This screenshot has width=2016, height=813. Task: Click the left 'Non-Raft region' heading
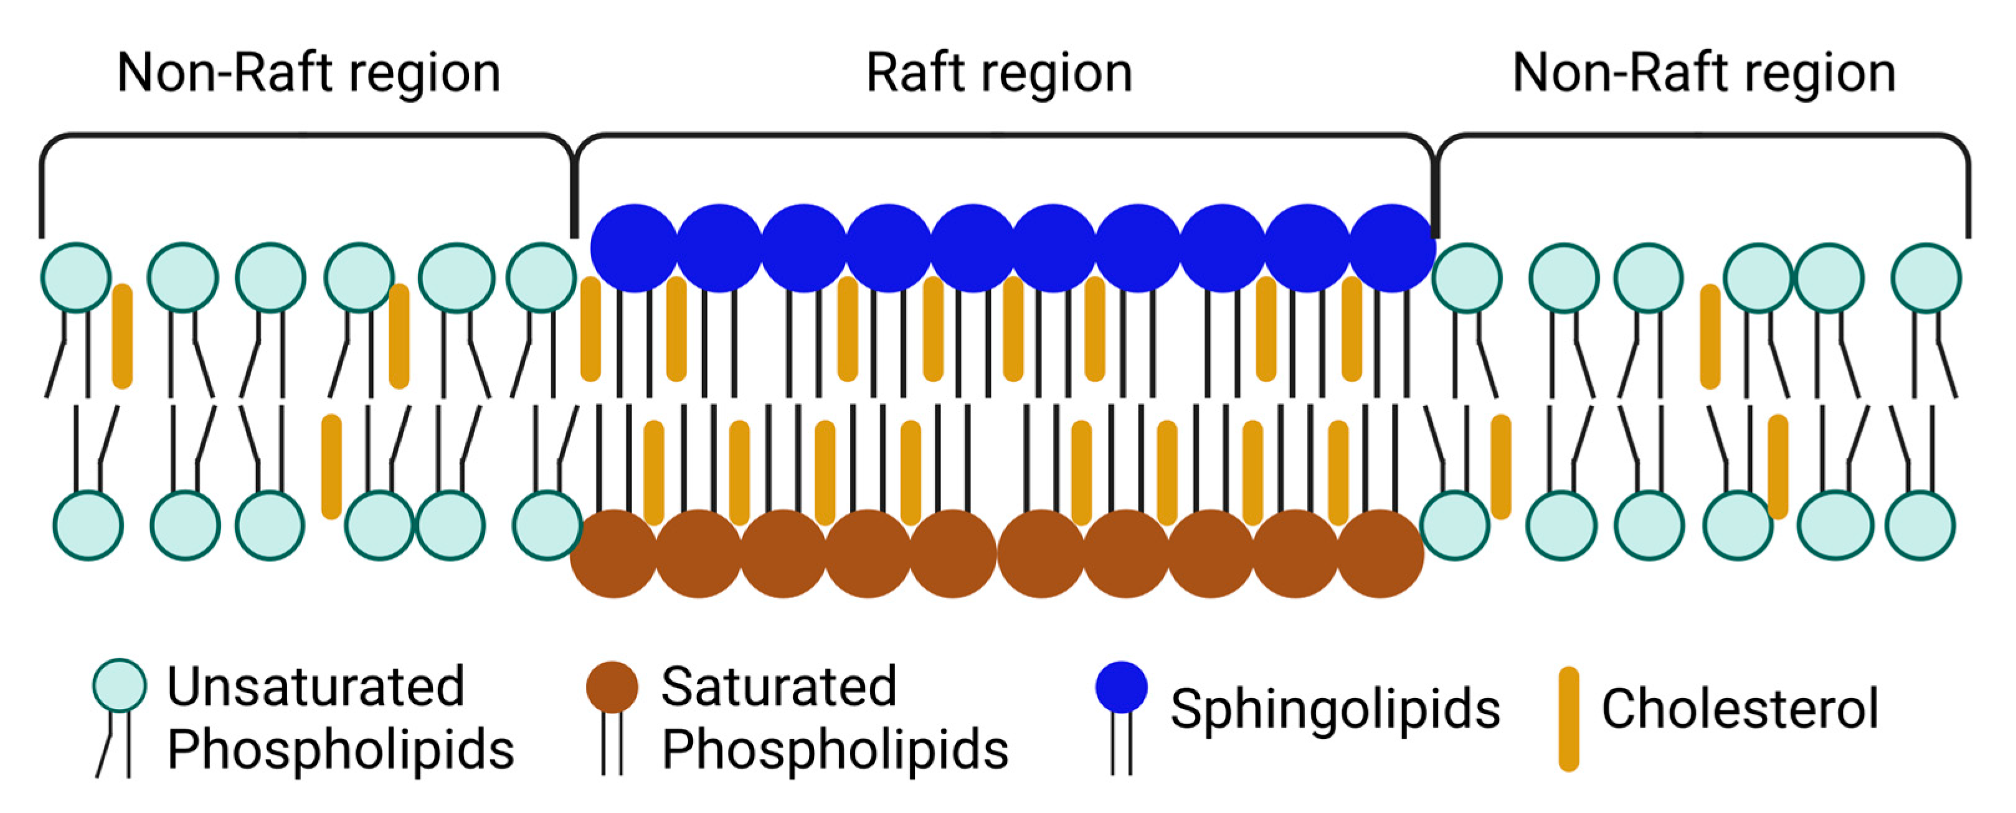point(308,74)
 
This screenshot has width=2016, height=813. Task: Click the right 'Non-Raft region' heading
point(1704,74)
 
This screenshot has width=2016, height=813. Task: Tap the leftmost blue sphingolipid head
point(634,248)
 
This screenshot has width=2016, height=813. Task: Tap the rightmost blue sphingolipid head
point(1392,248)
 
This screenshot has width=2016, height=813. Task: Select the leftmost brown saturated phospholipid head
point(613,554)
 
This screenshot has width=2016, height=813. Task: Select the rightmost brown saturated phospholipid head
point(1379,554)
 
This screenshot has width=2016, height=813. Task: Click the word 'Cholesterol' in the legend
point(1739,709)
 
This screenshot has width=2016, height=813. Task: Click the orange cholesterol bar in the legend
point(1568,718)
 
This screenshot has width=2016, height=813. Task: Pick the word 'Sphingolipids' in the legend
point(1335,709)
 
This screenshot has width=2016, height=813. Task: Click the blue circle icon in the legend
point(1122,687)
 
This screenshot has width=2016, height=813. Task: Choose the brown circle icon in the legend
point(612,687)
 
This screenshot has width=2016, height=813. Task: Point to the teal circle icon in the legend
point(119,685)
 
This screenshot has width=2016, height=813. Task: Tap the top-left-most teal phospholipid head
point(76,278)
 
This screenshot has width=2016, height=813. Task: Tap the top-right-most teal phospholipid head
point(1926,278)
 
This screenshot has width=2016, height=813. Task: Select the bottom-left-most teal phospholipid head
point(88,525)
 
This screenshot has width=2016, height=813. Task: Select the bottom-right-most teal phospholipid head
point(1919,525)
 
